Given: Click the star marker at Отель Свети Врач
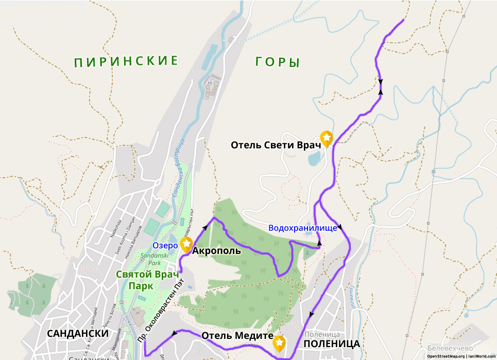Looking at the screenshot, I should tap(327, 138).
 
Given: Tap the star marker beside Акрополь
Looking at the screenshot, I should tap(186, 244).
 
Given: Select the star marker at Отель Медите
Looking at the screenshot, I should tap(279, 342).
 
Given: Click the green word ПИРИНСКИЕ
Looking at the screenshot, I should tap(126, 62).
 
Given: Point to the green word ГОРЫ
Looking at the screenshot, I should tap(277, 62).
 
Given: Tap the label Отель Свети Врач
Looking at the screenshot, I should tap(276, 145).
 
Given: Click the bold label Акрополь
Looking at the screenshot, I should tap(216, 251).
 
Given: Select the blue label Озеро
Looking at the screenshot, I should tap(165, 246).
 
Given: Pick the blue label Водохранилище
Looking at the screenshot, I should tap(303, 228).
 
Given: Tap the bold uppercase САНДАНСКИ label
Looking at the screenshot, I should tap(78, 333).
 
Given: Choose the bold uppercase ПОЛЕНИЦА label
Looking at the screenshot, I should tap(331, 344).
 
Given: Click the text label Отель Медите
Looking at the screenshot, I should tap(237, 335).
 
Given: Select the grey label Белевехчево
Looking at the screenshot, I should tap(442, 349).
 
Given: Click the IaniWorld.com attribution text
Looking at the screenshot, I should tap(481, 356).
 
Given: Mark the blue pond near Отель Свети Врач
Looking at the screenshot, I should tap(314, 158).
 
